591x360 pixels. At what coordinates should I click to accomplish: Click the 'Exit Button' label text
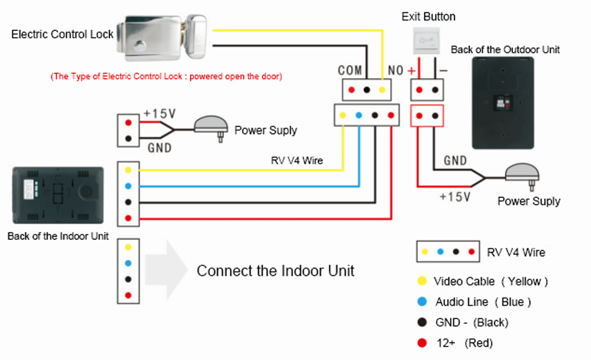click(x=428, y=17)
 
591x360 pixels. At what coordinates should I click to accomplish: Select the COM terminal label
click(x=350, y=70)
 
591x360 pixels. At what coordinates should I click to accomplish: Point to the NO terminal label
click(x=395, y=71)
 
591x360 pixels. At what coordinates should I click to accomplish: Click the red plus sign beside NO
click(x=410, y=71)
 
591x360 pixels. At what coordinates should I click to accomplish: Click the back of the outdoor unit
click(x=502, y=103)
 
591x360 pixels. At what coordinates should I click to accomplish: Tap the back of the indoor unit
click(x=58, y=194)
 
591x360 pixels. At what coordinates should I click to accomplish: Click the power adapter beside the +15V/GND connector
click(x=212, y=125)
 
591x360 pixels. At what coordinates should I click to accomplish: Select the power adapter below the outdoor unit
click(x=522, y=174)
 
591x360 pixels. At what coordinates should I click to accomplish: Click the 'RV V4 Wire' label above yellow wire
click(x=297, y=160)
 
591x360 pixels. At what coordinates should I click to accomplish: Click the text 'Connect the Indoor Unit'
click(x=275, y=271)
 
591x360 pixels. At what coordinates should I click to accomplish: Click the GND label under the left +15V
click(x=160, y=147)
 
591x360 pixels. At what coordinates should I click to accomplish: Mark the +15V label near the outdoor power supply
click(x=454, y=196)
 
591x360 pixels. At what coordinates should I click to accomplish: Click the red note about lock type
click(x=166, y=76)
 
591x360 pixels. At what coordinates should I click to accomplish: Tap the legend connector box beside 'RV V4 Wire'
click(x=447, y=252)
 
